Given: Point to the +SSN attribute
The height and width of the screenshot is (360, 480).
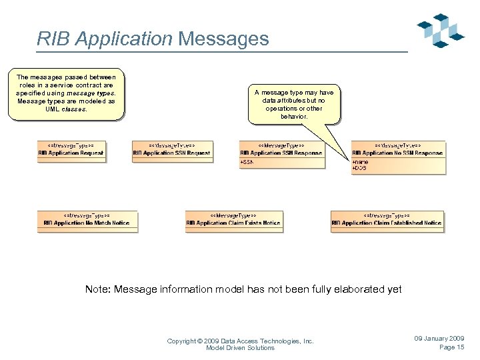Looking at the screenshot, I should pos(247,162).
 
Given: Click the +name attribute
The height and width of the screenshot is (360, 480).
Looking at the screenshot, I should pos(359,162).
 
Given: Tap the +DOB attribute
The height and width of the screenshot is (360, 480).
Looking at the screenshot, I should pos(359,169).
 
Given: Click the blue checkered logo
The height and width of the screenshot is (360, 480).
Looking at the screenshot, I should pos(441,30).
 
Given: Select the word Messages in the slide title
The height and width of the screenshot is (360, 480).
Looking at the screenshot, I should pos(223,39).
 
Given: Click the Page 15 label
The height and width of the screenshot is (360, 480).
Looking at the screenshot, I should pos(451,347).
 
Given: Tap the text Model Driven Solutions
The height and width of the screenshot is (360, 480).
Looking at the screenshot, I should pos(240,348).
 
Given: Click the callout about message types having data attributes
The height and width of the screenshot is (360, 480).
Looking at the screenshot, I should pos(293,104).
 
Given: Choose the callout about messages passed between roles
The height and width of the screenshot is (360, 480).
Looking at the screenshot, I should pos(65,93).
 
